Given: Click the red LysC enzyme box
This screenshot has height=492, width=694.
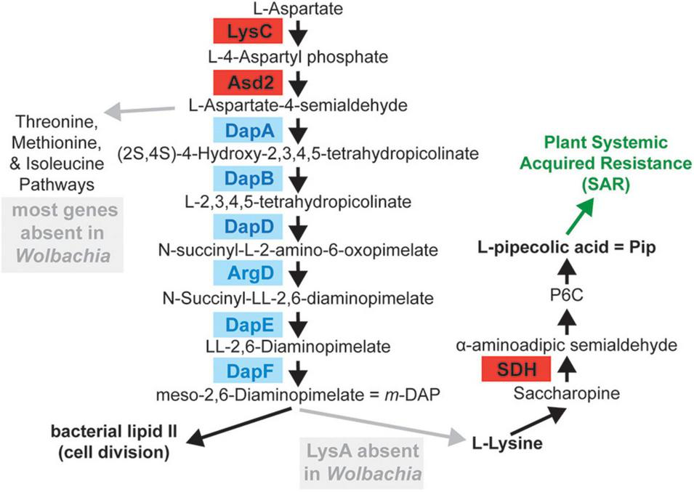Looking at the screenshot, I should pyautogui.click(x=246, y=32).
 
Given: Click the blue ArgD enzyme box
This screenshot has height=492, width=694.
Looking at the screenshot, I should pyautogui.click(x=246, y=275).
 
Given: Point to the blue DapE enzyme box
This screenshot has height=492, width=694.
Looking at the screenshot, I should pyautogui.click(x=246, y=323).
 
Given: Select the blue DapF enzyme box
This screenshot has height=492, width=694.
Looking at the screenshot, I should pyautogui.click(x=246, y=371).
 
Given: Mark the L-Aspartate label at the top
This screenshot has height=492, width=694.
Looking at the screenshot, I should pyautogui.click(x=297, y=9).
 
